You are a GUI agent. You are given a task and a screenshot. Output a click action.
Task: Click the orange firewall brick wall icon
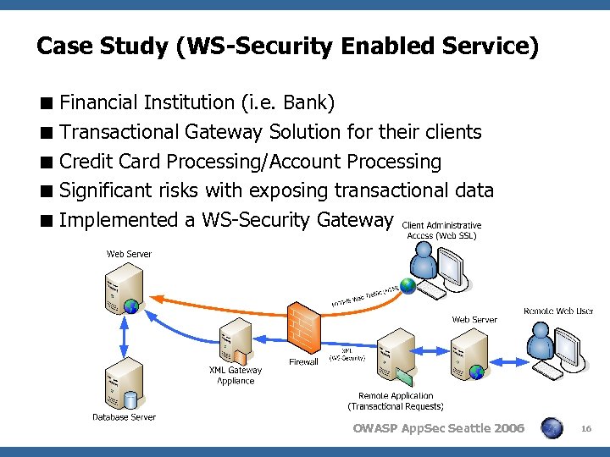pos(303,327)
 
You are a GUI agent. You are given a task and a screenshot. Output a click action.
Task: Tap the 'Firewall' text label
pos(303,362)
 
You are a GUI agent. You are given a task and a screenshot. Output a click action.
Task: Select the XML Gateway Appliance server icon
pos(234,340)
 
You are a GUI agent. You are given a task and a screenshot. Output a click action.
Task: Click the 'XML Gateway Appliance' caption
pos(236,375)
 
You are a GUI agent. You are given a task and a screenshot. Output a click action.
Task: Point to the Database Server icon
pos(123,385)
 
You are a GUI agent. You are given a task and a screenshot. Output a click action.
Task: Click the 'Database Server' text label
pos(124,416)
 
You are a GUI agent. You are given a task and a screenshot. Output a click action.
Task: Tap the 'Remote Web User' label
pos(558,311)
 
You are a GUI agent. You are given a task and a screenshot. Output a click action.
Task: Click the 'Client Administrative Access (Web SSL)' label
pos(441,230)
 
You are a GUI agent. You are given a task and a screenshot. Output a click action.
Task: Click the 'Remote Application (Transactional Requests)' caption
pos(396,400)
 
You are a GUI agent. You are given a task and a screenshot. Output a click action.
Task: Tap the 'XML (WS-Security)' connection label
pos(347,354)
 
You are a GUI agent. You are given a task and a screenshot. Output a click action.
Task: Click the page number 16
pos(585,430)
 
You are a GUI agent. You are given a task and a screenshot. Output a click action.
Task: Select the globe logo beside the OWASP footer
pos(552,428)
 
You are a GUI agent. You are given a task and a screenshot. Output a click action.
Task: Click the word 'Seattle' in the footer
pos(468,428)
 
